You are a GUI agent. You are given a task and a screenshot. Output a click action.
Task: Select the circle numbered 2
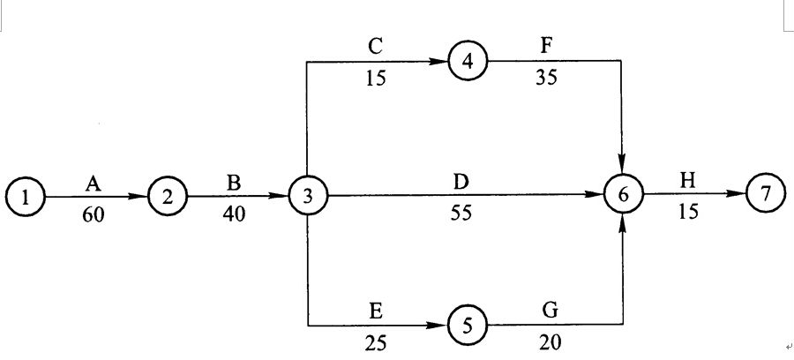(168, 197)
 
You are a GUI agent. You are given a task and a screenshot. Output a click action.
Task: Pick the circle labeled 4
(468, 62)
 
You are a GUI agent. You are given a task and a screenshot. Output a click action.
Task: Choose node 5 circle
(467, 326)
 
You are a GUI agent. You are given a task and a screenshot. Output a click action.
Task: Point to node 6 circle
(623, 196)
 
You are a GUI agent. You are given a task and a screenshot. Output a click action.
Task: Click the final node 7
(765, 196)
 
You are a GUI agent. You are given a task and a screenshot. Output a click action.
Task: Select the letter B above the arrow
(234, 183)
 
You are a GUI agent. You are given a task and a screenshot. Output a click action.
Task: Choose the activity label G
(551, 311)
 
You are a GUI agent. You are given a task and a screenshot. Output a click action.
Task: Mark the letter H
(687, 181)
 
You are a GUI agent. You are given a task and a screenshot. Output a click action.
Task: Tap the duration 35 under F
(545, 79)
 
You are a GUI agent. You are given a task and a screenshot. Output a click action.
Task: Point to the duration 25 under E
(376, 343)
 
